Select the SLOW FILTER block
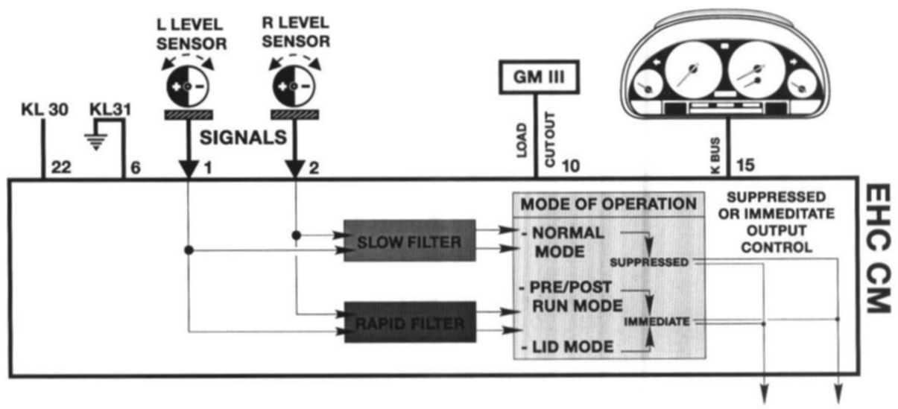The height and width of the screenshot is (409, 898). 409,240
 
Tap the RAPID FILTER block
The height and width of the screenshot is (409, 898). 408,323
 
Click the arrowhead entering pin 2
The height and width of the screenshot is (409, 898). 296,170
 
